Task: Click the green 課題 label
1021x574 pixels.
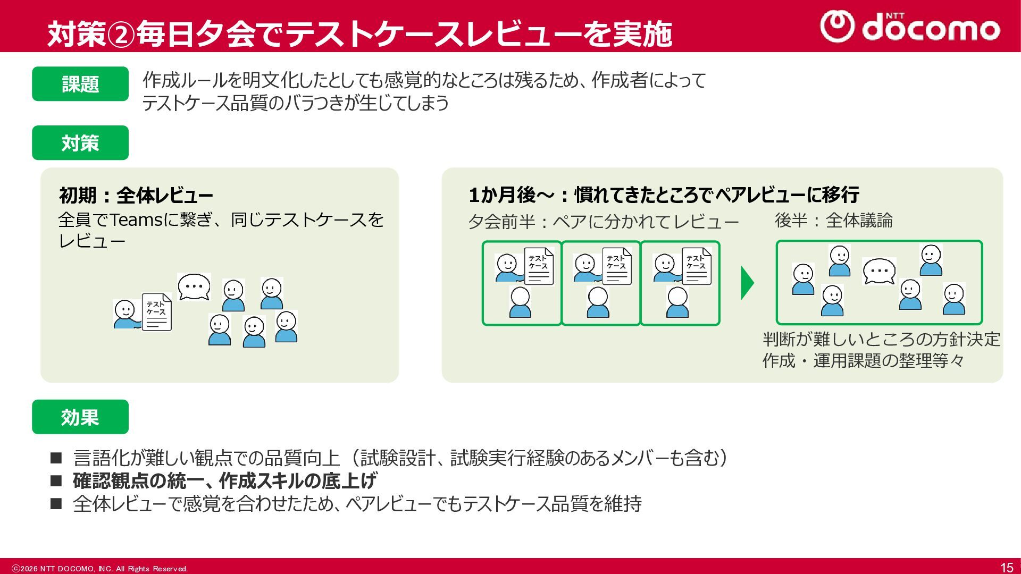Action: coord(80,84)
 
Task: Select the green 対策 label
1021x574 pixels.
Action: coord(80,143)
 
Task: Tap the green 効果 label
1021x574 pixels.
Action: coord(80,417)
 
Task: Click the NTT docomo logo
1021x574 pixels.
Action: coord(910,27)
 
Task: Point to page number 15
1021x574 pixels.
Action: coord(1006,568)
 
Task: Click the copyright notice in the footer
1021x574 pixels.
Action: coord(100,569)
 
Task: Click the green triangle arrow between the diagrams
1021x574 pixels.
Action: coord(747,283)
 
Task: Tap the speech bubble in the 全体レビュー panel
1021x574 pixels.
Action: coord(194,288)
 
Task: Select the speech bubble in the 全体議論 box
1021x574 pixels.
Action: coord(879,272)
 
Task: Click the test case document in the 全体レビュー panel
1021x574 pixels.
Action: coord(157,312)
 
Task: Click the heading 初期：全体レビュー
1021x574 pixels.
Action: coord(136,196)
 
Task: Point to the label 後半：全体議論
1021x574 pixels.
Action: coord(833,220)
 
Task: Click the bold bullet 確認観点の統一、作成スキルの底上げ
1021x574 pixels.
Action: coord(225,480)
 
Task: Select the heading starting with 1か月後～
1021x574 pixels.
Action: coord(664,195)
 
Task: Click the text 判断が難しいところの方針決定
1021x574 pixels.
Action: coord(881,339)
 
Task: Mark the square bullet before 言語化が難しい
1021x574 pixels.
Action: coord(56,458)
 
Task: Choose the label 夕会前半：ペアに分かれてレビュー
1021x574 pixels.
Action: coord(603,221)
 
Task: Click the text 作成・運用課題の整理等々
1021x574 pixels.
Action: coord(863,361)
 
